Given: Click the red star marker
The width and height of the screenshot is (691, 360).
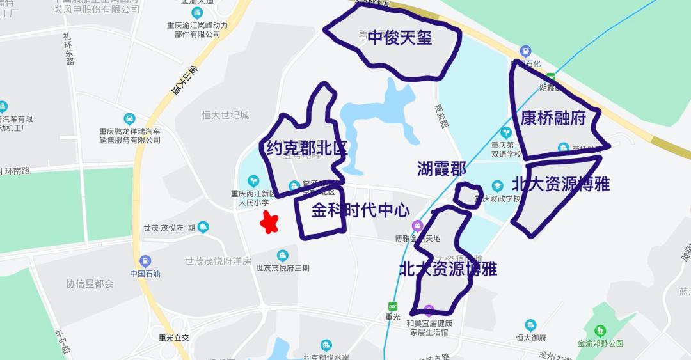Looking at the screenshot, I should [270, 223].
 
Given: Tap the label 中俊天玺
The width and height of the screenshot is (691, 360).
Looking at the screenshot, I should [400, 38].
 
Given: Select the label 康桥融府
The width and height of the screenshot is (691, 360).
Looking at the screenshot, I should [553, 119].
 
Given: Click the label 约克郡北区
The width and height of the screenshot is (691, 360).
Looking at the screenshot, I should [307, 149].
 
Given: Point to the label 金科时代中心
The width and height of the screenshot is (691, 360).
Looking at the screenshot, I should [360, 210].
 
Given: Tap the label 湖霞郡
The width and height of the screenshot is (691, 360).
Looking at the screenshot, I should [441, 169].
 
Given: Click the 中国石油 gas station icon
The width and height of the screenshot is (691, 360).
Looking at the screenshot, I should [145, 261].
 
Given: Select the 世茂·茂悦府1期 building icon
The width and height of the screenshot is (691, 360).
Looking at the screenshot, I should [203, 227].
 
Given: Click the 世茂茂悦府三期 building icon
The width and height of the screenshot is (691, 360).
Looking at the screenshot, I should [282, 256].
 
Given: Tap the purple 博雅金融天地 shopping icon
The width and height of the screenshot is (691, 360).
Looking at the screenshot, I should [417, 226].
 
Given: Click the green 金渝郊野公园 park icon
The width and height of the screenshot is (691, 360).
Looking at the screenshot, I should [600, 331].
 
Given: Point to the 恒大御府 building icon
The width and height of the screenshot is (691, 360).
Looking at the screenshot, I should [530, 325].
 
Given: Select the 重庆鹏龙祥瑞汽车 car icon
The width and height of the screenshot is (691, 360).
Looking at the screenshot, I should [129, 118].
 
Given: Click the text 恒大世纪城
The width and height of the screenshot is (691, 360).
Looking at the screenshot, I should [225, 115].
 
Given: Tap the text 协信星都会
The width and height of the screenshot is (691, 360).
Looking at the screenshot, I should [90, 283].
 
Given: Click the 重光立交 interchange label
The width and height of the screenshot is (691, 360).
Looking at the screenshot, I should [174, 338].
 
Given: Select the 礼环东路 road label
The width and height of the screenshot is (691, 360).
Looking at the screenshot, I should [69, 49].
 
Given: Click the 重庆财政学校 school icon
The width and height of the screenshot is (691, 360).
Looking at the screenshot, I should [497, 185].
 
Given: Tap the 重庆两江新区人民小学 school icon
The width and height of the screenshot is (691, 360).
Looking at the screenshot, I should [253, 181].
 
